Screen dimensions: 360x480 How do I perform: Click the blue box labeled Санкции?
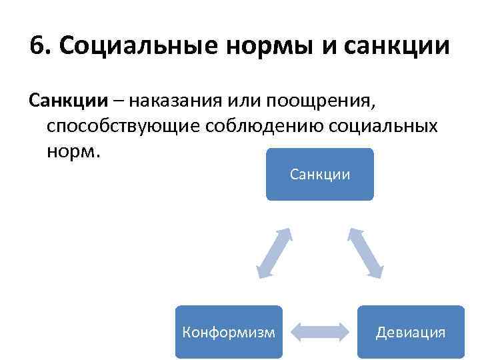[x=320, y=175]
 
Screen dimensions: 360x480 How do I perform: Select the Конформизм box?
[x=228, y=332]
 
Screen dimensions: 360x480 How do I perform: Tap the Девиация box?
[x=411, y=332]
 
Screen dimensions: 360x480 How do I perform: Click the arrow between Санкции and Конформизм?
[x=275, y=253]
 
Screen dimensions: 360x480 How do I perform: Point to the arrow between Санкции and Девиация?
[x=365, y=253]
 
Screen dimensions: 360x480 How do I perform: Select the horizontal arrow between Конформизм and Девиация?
[x=320, y=332]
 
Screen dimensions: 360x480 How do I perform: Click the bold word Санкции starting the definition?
[x=67, y=102]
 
